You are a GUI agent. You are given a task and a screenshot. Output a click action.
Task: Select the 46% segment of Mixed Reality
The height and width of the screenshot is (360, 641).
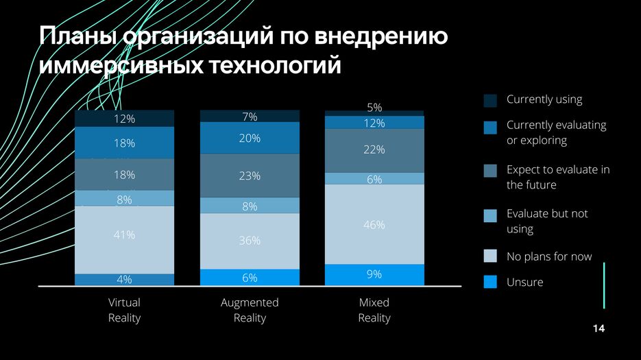pyautogui.click(x=374, y=224)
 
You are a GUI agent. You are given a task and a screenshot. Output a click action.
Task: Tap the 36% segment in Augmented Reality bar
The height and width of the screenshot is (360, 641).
pyautogui.click(x=250, y=241)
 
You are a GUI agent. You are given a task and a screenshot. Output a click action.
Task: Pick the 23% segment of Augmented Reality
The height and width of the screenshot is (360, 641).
pyautogui.click(x=250, y=176)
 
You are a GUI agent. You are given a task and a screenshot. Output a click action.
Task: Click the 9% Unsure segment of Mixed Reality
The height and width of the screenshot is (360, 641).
pyautogui.click(x=374, y=274)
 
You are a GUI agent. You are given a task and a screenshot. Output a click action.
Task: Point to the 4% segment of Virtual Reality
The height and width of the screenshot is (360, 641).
pyautogui.click(x=124, y=279)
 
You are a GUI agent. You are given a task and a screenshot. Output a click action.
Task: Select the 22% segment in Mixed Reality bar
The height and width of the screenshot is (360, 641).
pyautogui.click(x=374, y=150)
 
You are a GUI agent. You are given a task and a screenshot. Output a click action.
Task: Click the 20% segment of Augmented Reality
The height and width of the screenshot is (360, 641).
pyautogui.click(x=250, y=138)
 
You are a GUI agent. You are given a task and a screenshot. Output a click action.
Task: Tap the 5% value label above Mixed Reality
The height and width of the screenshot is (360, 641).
pyautogui.click(x=374, y=107)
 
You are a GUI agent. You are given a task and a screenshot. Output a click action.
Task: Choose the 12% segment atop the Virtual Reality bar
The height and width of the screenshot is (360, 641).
pyautogui.click(x=124, y=119)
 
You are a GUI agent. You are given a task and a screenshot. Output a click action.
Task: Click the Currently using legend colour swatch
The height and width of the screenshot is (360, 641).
pyautogui.click(x=490, y=101)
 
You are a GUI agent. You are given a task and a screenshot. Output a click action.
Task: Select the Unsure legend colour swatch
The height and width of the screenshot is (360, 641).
pyautogui.click(x=490, y=282)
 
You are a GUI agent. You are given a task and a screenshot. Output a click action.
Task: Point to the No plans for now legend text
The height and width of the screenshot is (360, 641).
pyautogui.click(x=548, y=256)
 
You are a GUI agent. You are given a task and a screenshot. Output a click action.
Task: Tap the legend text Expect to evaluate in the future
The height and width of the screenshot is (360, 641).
pyautogui.click(x=557, y=177)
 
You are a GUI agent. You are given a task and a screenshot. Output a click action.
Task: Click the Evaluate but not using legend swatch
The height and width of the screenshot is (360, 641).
pyautogui.click(x=490, y=215)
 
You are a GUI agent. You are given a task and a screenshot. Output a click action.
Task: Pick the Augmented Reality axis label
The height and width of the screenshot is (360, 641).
pyautogui.click(x=250, y=310)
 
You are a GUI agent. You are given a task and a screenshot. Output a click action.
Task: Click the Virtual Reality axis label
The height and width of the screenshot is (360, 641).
pyautogui.click(x=124, y=310)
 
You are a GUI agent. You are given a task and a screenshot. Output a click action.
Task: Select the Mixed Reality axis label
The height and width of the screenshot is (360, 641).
pyautogui.click(x=374, y=310)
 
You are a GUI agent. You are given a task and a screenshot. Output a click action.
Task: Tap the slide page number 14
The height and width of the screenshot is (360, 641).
pyautogui.click(x=598, y=330)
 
